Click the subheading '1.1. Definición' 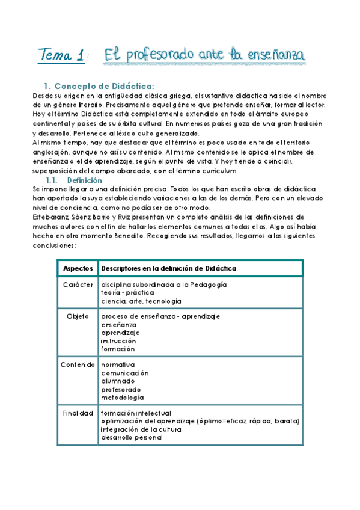pos(75,180)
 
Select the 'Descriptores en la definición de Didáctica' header pos(169,268)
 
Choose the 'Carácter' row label pos(77,284)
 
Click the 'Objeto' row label pos(78,316)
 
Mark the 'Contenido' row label pos(77,364)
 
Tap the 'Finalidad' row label pos(78,413)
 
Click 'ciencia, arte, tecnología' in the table pos(141,301)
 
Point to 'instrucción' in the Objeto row pos(119,340)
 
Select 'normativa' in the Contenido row pos(118,364)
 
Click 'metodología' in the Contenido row pos(122,397)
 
